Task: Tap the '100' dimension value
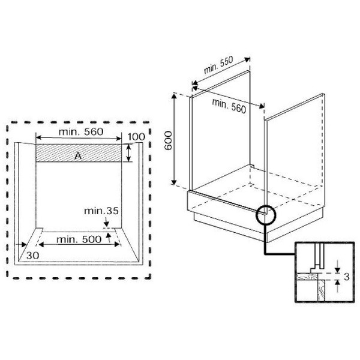click(x=136, y=137)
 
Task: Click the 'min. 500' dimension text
click(x=79, y=239)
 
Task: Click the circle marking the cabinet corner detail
click(x=265, y=215)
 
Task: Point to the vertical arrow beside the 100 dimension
click(x=129, y=152)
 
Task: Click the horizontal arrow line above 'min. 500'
click(x=79, y=232)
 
